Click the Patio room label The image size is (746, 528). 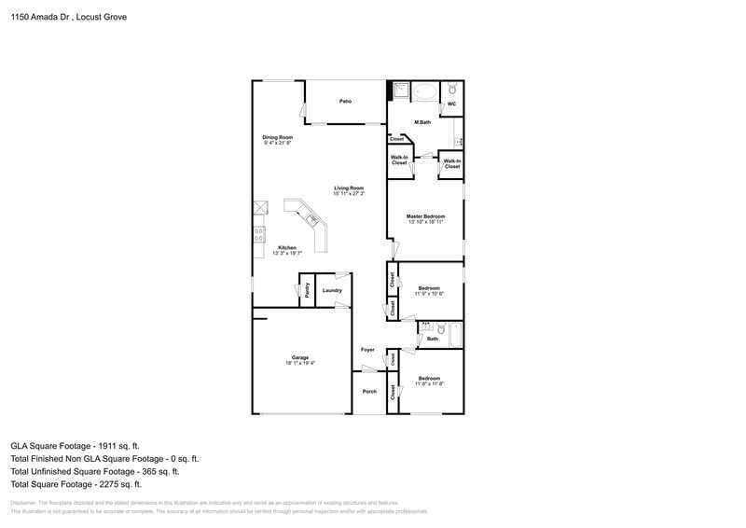tap(345, 101)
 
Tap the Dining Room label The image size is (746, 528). tap(277, 138)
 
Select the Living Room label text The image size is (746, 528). tap(349, 188)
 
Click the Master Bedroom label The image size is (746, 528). tap(424, 216)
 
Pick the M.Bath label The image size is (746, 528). tap(422, 122)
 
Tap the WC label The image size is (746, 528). tap(451, 104)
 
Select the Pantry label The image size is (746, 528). tap(307, 290)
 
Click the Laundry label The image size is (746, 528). tap(332, 290)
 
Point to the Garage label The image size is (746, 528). tap(299, 357)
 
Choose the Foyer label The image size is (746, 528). tap(367, 350)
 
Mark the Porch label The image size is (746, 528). tap(369, 391)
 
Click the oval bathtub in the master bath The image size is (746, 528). tap(425, 91)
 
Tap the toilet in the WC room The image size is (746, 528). tap(451, 89)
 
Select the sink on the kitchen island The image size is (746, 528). tap(313, 219)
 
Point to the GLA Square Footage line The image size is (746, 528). tap(76, 446)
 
